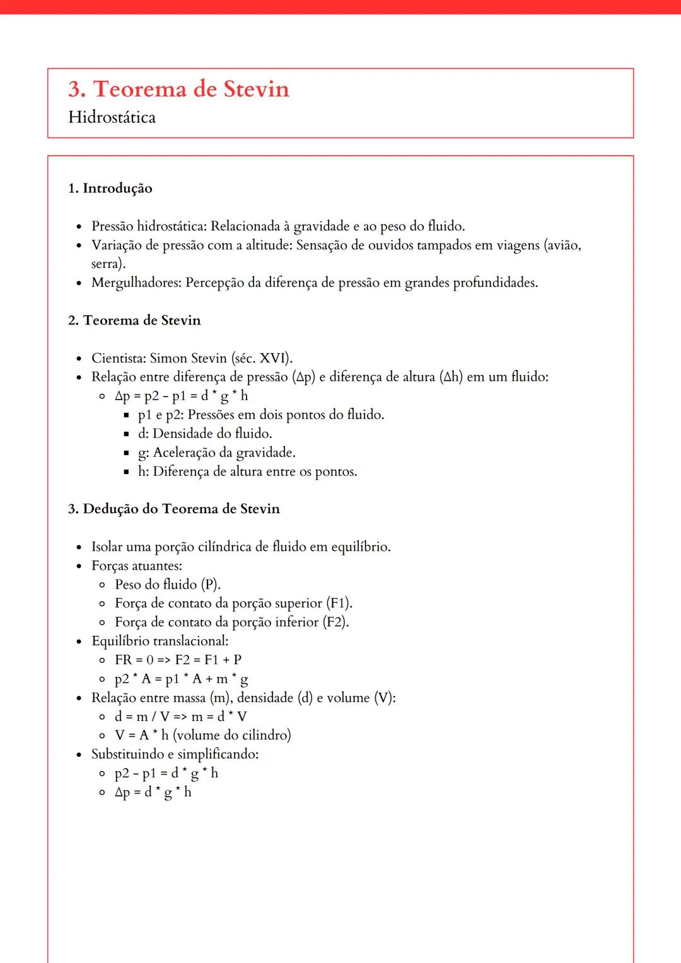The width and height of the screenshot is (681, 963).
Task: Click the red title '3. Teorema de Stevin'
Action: pyautogui.click(x=178, y=89)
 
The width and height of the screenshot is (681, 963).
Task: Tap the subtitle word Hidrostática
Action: pyautogui.click(x=112, y=118)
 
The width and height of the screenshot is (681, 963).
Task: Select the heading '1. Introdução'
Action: pyautogui.click(x=110, y=188)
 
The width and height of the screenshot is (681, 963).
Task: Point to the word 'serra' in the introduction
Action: pyautogui.click(x=106, y=263)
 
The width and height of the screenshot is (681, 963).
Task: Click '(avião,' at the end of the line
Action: pyautogui.click(x=562, y=245)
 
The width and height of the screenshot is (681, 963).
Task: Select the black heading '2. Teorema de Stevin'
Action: pyautogui.click(x=134, y=320)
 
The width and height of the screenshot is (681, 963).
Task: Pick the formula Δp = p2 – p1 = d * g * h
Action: pyautogui.click(x=181, y=396)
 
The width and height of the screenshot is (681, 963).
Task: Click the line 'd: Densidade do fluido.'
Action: pyautogui.click(x=205, y=434)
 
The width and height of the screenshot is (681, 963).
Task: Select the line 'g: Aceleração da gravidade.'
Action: pyautogui.click(x=216, y=453)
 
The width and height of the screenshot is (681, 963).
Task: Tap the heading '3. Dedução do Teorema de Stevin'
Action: pyautogui.click(x=173, y=509)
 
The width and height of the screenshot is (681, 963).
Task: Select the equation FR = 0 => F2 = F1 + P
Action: pyautogui.click(x=178, y=660)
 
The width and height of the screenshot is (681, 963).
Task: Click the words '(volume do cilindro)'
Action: pyautogui.click(x=231, y=735)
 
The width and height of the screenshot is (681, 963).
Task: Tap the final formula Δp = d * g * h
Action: pyautogui.click(x=153, y=792)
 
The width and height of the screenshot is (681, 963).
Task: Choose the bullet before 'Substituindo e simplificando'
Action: pyautogui.click(x=79, y=754)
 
